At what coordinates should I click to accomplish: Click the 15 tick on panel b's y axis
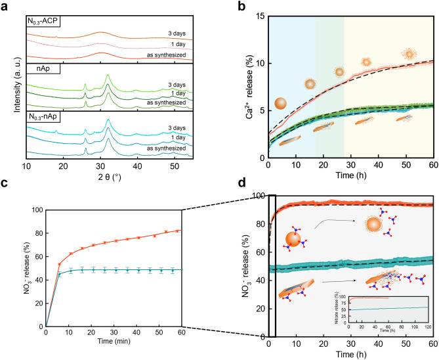[260, 15]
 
